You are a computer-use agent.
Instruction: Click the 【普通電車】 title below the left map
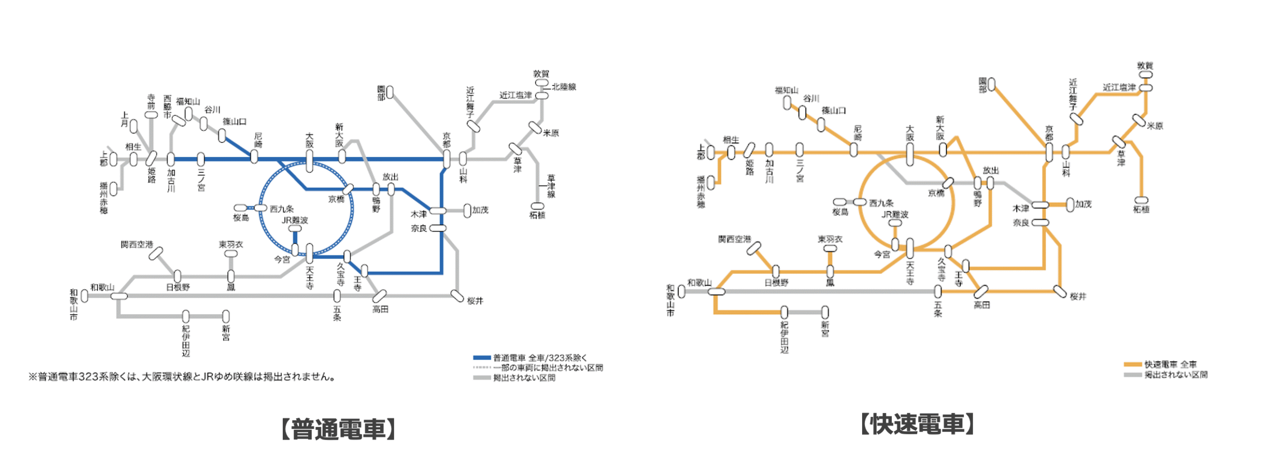pyautogui.click(x=338, y=429)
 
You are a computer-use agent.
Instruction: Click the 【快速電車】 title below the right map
pyautogui.click(x=917, y=424)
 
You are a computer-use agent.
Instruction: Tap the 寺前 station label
pyautogui.click(x=151, y=101)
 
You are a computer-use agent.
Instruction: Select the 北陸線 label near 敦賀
pyautogui.click(x=563, y=87)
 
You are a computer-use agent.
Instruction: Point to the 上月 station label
pyautogui.click(x=124, y=119)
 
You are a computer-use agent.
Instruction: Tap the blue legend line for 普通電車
pyautogui.click(x=481, y=357)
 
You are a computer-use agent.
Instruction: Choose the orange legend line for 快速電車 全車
pyautogui.click(x=1132, y=364)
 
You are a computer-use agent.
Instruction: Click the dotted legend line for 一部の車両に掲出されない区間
pyautogui.click(x=481, y=368)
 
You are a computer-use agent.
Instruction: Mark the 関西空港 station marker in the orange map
pyautogui.click(x=754, y=248)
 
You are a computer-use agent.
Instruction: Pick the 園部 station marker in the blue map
pyautogui.click(x=390, y=92)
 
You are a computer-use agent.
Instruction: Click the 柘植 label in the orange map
pyautogui.click(x=1141, y=209)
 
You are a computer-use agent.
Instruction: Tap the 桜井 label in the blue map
pyautogui.click(x=475, y=301)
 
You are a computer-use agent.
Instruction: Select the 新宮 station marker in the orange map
pyautogui.click(x=825, y=312)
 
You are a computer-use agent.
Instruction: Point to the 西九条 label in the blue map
pyautogui.click(x=282, y=209)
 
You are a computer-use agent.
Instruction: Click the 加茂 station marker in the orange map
pyautogui.click(x=1070, y=204)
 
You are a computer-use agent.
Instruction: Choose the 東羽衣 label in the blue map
pyautogui.click(x=231, y=245)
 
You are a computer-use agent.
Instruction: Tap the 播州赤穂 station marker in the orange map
pyautogui.click(x=711, y=183)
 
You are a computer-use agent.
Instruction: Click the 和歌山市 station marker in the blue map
pyautogui.click(x=84, y=296)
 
